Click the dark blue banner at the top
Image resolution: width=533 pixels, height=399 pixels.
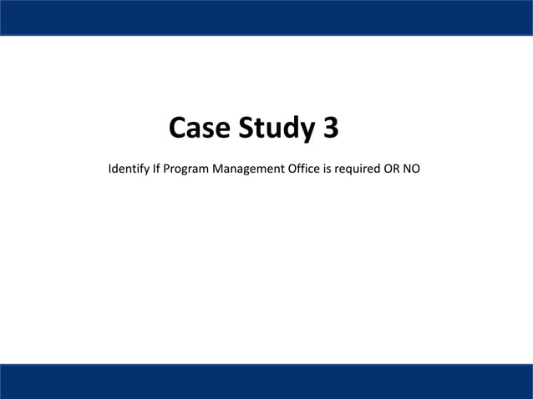(x=266, y=17)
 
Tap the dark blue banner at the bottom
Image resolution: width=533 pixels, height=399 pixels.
(x=266, y=381)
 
